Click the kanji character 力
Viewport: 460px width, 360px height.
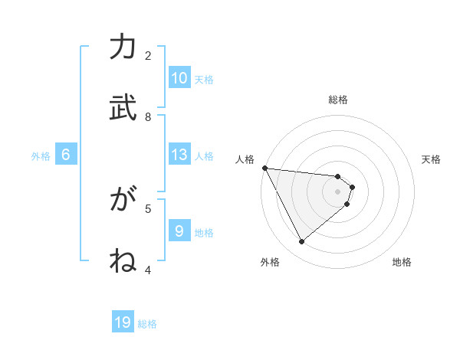click(x=123, y=47)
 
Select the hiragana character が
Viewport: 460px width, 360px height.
click(x=123, y=200)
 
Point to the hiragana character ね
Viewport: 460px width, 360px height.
click(x=123, y=260)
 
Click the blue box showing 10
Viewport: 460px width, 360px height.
click(x=179, y=78)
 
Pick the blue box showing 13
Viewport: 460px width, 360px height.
click(x=179, y=155)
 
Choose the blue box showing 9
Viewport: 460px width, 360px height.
click(x=179, y=231)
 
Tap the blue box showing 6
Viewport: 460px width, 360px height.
click(x=66, y=155)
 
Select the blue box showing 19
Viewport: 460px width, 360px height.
click(x=123, y=322)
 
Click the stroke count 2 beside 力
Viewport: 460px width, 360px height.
click(x=148, y=55)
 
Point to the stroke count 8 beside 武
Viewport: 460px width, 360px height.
click(x=148, y=116)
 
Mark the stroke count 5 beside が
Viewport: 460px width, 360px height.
click(x=148, y=208)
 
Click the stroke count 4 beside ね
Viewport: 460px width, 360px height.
click(x=148, y=269)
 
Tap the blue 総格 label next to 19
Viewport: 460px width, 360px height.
click(x=147, y=324)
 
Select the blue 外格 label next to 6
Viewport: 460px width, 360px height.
click(x=41, y=156)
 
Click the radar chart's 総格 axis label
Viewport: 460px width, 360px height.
click(x=338, y=100)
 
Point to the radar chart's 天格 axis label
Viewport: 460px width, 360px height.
click(x=432, y=159)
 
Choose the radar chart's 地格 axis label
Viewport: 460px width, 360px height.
click(x=402, y=262)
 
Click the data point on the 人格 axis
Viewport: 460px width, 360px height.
click(x=264, y=168)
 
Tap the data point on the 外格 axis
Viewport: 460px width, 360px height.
click(x=301, y=242)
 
